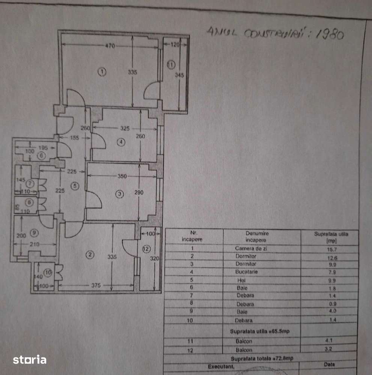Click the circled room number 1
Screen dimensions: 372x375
(102, 71)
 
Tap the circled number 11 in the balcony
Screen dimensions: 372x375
(171, 65)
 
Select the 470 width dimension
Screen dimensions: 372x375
(110, 46)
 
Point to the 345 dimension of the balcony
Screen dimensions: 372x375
(179, 75)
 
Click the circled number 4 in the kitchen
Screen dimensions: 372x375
(120, 142)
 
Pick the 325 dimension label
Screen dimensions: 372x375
(125, 128)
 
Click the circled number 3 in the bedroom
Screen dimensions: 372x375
(119, 194)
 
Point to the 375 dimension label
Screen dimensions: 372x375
(96, 285)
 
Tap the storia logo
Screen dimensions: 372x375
(30, 360)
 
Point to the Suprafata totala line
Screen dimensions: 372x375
(262, 358)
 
